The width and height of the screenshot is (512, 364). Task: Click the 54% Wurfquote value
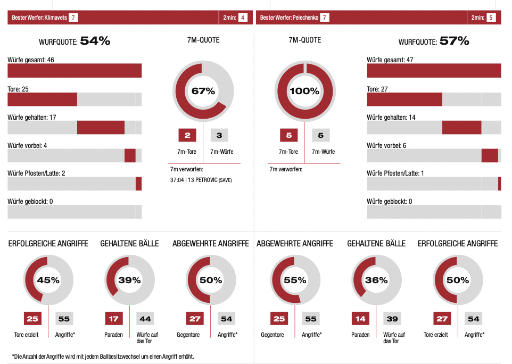click(x=95, y=41)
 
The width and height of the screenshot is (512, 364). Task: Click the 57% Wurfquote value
click(x=454, y=41)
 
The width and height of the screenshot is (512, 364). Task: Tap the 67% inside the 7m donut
click(x=203, y=91)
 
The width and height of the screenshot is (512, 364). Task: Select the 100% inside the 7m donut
click(x=304, y=91)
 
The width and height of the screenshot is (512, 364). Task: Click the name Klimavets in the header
click(x=56, y=18)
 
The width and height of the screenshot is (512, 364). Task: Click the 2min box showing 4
click(x=243, y=18)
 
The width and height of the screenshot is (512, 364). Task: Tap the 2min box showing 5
click(x=491, y=18)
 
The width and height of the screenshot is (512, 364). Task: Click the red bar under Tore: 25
click(x=43, y=100)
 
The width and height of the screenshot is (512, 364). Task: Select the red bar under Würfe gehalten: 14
click(x=461, y=127)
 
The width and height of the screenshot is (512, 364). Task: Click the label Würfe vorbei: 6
click(x=386, y=145)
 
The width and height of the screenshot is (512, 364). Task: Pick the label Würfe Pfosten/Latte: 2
click(x=36, y=173)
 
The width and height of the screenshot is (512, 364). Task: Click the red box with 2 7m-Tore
click(x=187, y=136)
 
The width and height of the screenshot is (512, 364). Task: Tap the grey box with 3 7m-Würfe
click(x=219, y=136)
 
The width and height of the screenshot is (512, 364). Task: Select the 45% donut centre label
click(x=48, y=280)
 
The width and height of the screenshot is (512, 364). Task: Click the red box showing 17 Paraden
click(x=113, y=319)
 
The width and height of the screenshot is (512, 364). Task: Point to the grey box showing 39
click(x=392, y=319)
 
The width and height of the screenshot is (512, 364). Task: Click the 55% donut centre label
click(x=295, y=280)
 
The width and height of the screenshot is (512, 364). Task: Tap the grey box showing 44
click(x=145, y=319)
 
